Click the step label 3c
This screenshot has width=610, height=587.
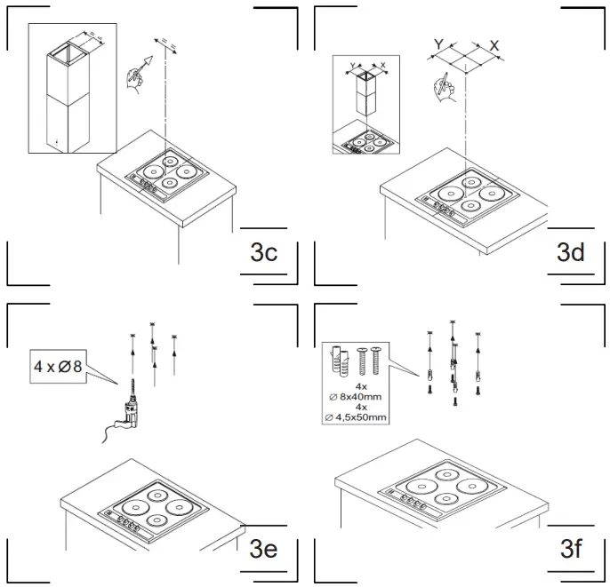click(x=264, y=252)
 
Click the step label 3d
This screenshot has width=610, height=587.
click(x=570, y=252)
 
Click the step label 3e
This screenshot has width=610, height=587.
click(x=263, y=548)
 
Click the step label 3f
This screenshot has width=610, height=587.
click(x=570, y=548)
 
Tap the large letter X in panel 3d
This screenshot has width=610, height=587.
click(x=494, y=44)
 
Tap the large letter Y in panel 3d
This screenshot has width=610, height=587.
click(x=438, y=44)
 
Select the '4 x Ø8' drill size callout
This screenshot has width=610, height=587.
click(x=58, y=367)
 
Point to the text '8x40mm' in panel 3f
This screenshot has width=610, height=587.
click(x=360, y=398)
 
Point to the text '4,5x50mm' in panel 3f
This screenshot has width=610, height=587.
click(x=359, y=417)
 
